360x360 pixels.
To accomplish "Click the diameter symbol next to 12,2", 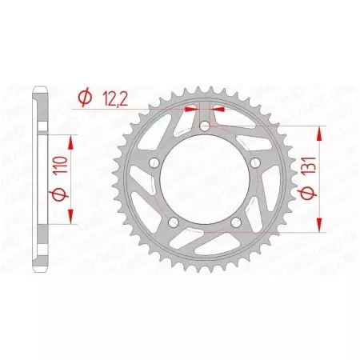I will coord(83,98).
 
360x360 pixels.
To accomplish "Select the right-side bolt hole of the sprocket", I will coord(255,163).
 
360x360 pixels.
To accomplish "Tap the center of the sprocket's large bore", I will coord(204,181).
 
